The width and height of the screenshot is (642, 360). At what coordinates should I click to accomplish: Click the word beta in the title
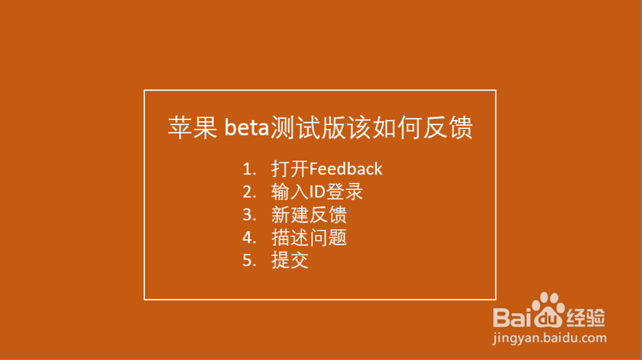[247, 128]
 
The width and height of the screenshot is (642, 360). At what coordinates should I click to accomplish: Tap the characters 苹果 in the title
[193, 127]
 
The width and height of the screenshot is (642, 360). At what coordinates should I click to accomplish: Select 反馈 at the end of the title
[448, 127]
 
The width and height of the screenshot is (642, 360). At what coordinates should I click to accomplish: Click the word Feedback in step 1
[345, 169]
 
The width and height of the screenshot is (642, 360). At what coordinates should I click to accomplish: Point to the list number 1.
[249, 169]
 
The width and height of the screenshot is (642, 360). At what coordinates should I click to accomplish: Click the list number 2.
[249, 192]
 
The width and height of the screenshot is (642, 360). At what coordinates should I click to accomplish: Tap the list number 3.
[249, 215]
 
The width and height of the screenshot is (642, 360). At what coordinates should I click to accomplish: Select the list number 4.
[249, 237]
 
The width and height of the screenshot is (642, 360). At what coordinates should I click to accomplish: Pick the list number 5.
[249, 261]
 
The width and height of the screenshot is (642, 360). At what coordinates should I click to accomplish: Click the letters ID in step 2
[317, 192]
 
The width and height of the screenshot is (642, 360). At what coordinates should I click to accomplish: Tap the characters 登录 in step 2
[345, 191]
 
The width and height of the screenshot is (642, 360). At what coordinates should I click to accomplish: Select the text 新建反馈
[309, 214]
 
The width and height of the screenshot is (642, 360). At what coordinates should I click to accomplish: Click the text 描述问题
[309, 237]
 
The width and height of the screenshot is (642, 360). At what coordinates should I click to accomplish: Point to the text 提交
[290, 260]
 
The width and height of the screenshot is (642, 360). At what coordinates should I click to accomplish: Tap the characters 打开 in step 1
[290, 169]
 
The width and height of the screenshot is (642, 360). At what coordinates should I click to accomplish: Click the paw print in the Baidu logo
[548, 310]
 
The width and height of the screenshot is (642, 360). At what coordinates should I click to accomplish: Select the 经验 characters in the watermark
[586, 318]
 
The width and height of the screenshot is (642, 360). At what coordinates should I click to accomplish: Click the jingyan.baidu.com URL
[550, 338]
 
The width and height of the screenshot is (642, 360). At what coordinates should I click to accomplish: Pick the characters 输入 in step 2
[290, 191]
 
